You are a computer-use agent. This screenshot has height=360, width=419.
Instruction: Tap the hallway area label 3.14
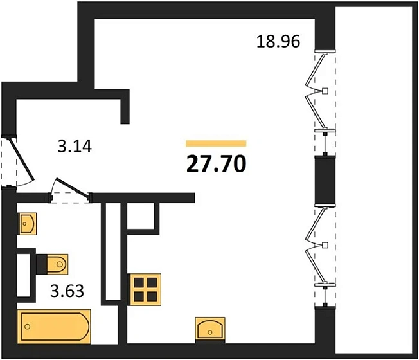(x=75, y=146)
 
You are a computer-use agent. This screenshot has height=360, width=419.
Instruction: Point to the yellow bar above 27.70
(x=216, y=143)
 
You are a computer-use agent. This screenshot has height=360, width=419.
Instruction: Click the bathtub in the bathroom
(x=55, y=327)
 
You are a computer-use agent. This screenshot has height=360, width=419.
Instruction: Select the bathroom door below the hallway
(x=71, y=192)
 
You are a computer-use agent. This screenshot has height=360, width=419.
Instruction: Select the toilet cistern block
(x=42, y=262)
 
